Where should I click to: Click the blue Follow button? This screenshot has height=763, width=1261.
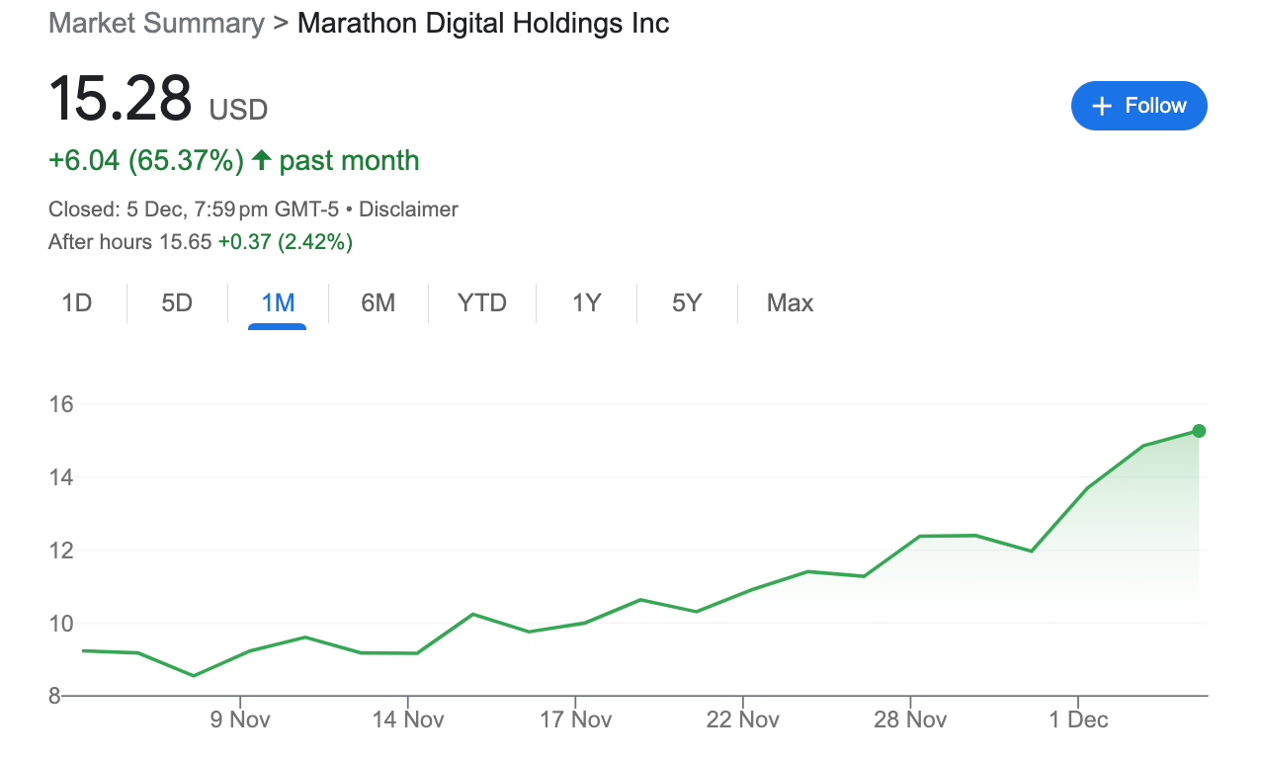tap(1138, 106)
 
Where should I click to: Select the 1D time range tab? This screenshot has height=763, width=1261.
tap(77, 303)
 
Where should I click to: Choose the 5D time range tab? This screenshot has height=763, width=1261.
tap(177, 303)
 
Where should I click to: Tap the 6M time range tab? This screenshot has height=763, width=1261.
tap(378, 303)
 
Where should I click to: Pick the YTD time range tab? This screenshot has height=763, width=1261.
tap(482, 303)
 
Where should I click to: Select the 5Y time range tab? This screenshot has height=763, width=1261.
tap(687, 303)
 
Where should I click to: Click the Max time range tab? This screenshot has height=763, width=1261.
tap(790, 303)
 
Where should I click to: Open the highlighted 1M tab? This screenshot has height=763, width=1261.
tap(278, 303)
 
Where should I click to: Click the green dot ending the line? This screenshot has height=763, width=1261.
tap(1199, 431)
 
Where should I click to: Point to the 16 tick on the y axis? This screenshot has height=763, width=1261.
tap(62, 404)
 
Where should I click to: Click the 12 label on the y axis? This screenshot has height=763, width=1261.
tap(62, 551)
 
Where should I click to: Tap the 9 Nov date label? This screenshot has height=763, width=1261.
tap(241, 720)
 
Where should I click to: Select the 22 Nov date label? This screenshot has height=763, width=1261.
tap(743, 720)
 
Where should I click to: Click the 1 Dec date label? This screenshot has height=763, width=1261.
tap(1079, 720)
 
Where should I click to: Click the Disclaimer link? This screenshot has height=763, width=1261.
tap(408, 210)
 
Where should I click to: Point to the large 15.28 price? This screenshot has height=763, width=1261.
tap(120, 100)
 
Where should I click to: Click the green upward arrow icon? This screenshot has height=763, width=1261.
tap(261, 160)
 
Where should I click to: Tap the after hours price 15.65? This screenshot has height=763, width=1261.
tap(185, 241)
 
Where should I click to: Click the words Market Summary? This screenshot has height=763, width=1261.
tap(156, 23)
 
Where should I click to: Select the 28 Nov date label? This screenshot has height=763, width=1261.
tap(910, 720)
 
